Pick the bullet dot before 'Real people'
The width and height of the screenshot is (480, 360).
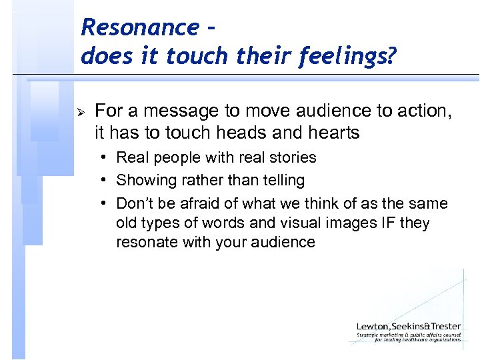(x=106, y=158)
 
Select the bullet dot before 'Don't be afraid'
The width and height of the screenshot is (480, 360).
(x=106, y=203)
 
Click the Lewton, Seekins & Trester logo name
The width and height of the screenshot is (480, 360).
(x=408, y=326)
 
